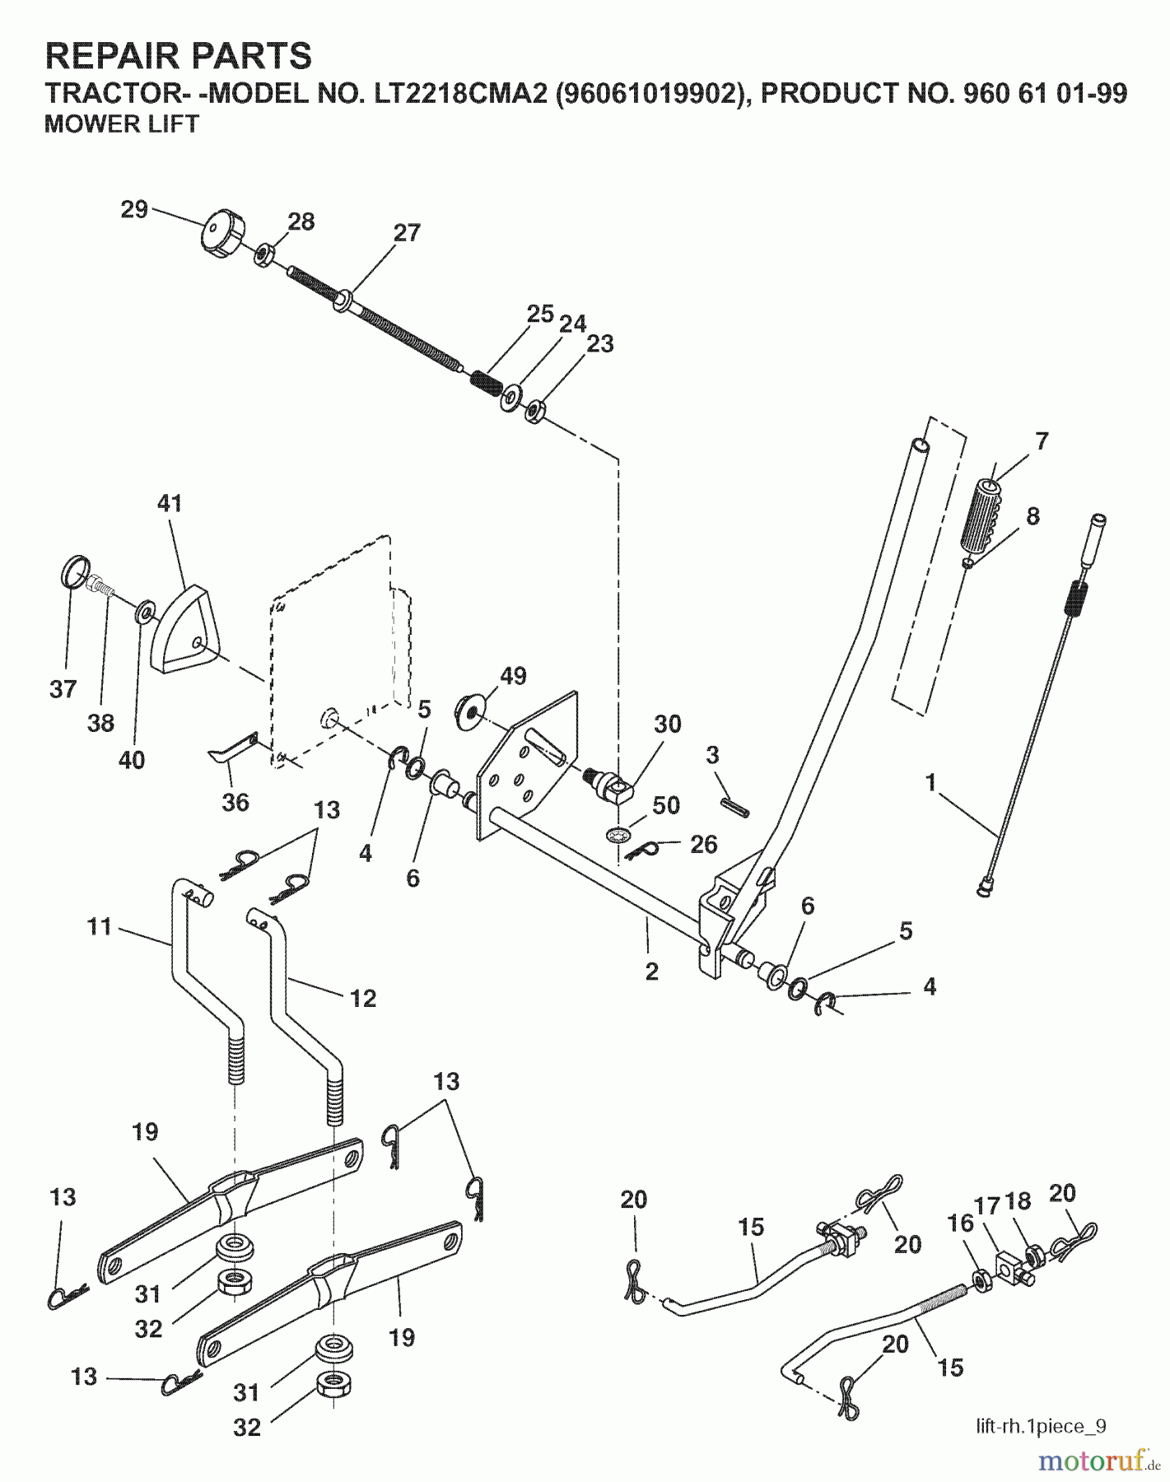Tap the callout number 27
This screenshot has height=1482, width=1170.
coord(407,233)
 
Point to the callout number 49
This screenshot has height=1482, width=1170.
coord(513,676)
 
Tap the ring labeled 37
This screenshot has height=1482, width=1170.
coord(76,571)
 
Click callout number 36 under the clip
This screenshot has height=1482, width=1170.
coord(235,802)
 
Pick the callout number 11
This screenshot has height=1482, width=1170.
coord(100,927)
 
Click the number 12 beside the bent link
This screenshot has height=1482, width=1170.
coord(362,998)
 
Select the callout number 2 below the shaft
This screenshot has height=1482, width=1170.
coord(651,972)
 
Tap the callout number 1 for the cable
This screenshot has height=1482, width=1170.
coord(931,781)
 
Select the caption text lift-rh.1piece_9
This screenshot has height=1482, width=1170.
coord(1041,1426)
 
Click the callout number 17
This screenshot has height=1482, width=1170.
coord(987,1206)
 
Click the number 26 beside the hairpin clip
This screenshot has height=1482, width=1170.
coord(703,844)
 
